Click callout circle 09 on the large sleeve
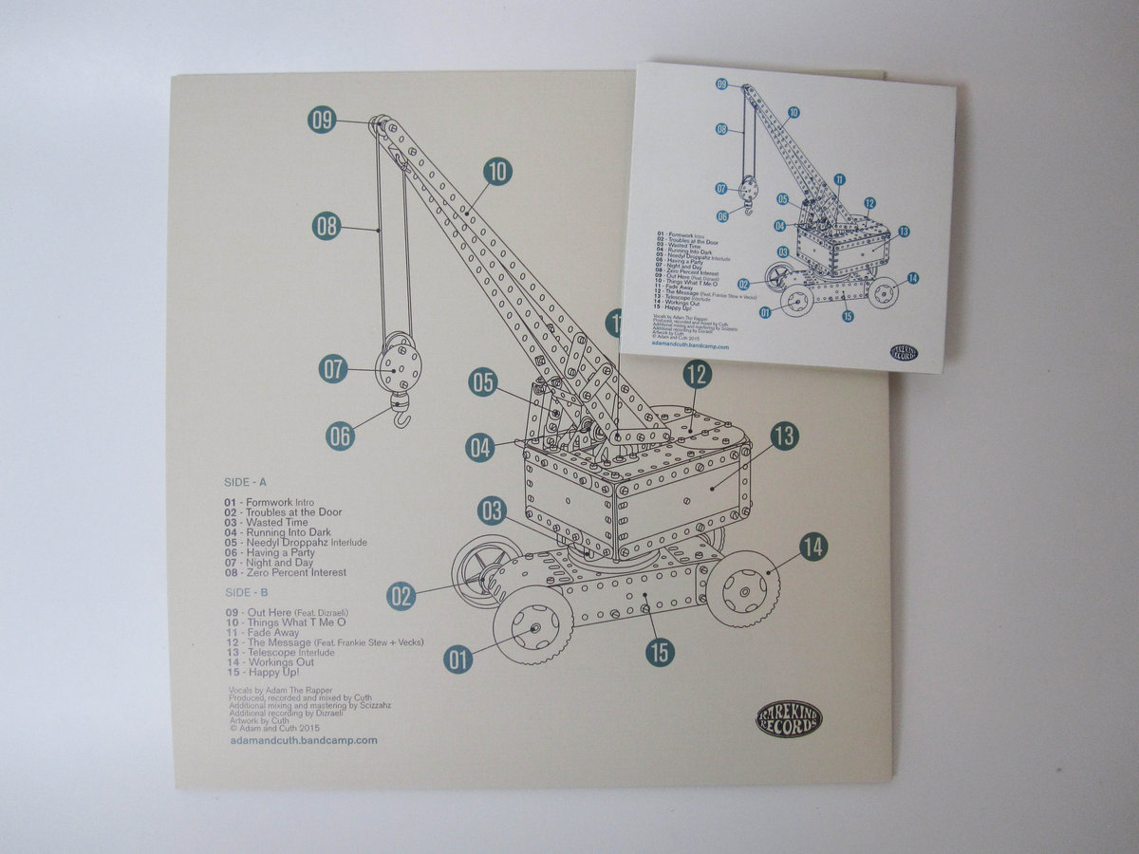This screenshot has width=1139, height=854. coord(322,120)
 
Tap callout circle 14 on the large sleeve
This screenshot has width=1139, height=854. coord(812,547)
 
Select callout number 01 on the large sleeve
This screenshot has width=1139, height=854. coord(457,659)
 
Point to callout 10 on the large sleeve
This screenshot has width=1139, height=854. coord(497,171)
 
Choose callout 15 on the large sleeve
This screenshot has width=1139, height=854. coord(661,652)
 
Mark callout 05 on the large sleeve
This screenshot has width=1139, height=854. coord(482,382)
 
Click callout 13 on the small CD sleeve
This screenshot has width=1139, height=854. coord(904,232)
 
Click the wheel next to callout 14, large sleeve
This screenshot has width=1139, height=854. coord(742,588)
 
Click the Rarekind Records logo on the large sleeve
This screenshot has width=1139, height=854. coord(789,718)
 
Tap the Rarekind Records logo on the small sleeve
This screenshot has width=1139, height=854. coord(904,353)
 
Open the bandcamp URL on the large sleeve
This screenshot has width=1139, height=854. coord(304,739)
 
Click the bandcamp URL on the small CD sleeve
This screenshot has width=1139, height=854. coord(691,347)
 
